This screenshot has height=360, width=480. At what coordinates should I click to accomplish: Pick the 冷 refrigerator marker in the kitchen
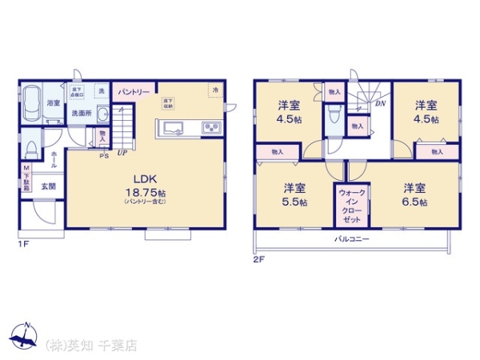(x=215, y=89)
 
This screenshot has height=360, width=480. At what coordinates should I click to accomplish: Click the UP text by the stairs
(x=122, y=152)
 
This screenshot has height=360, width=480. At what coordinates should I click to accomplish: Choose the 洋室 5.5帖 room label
(x=294, y=194)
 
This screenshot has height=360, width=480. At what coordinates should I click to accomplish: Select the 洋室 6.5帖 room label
(x=414, y=194)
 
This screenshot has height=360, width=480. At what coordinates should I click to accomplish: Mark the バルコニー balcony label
(x=350, y=239)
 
